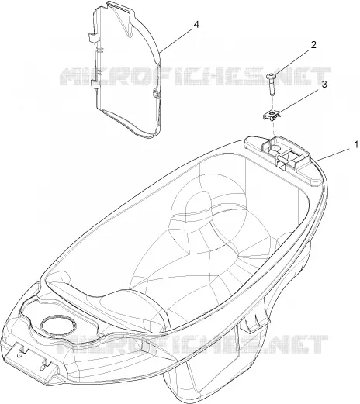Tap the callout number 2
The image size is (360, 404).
coord(313,45)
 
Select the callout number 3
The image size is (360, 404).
coord(324,85)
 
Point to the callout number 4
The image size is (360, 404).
coord(196,25)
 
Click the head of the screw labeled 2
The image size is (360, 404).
coord(271,76)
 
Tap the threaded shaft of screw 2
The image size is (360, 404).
coord(271,87)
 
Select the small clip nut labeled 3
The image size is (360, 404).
coord(271,115)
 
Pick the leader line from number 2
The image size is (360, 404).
coord(292,62)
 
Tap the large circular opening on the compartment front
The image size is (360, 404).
coord(59,325)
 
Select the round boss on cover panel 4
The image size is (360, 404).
coord(156,95)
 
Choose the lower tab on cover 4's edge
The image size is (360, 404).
coord(95,84)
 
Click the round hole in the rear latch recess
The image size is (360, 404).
coord(276,149)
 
